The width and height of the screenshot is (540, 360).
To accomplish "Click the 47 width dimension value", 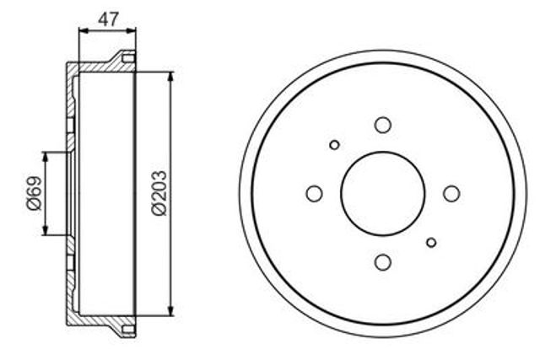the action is (x=108, y=19).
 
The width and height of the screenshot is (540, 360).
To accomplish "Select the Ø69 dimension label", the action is (x=34, y=193).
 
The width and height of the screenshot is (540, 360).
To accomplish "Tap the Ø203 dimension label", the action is (x=159, y=193).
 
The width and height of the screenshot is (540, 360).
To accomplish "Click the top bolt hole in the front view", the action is (x=382, y=125).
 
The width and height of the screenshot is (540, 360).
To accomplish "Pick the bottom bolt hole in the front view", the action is (x=382, y=262).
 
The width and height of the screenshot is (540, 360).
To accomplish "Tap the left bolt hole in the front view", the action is (x=314, y=193).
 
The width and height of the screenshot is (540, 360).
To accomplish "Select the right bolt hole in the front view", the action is (x=451, y=193).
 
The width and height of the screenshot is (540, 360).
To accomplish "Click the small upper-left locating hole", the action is (x=334, y=145).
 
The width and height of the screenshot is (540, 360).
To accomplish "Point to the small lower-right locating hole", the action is (x=431, y=242).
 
